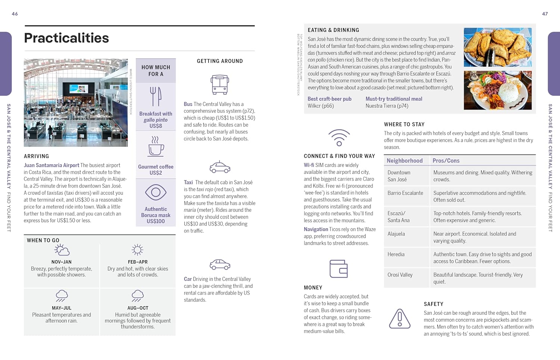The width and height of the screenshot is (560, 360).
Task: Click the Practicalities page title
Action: pos(66,38)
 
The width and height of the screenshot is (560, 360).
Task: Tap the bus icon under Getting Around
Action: pos(220,84)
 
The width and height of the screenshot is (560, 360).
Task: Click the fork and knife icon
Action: pos(156,96)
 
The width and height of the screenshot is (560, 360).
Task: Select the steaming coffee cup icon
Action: pos(156,146)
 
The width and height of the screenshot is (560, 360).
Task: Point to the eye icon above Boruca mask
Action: pos(156,192)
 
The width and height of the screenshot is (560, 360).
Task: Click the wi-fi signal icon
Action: pos(339,137)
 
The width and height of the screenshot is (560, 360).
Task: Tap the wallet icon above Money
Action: pos(339,269)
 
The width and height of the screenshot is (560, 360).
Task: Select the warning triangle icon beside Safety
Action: pos(400,319)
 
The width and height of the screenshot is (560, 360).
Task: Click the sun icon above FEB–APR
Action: pos(137,250)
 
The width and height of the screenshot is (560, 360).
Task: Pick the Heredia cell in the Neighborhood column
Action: pos(396,254)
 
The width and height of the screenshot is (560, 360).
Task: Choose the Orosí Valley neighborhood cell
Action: pos(400,275)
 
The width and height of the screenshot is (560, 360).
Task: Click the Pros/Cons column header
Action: pos(446,161)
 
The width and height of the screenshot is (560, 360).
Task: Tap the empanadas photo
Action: pos(498,47)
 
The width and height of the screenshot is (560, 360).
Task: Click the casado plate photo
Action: pos(498,90)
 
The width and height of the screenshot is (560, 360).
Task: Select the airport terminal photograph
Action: pos(76,102)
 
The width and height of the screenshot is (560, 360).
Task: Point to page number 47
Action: pos(545,14)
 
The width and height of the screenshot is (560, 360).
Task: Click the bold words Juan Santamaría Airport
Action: pos(52,165)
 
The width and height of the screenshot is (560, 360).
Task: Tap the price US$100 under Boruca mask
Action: pos(156,221)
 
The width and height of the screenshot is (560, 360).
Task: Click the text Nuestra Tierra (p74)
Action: pos(387,106)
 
